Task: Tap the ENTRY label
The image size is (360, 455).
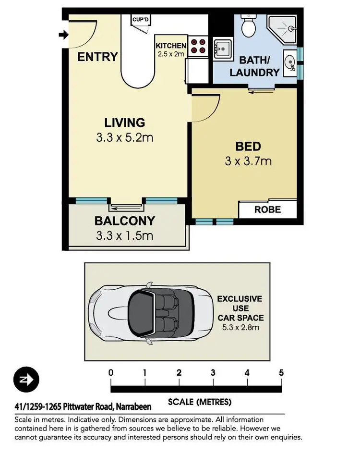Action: (x=97, y=57)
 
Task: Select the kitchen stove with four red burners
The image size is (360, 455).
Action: (x=198, y=45)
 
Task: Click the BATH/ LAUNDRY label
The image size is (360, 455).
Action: (x=254, y=67)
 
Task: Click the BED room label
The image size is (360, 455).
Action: (x=248, y=147)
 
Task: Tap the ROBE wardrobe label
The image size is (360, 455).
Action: (x=267, y=210)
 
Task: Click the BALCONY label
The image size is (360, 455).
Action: (x=124, y=221)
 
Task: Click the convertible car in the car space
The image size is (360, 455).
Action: (x=147, y=313)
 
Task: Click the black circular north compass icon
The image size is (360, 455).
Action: (x=27, y=379)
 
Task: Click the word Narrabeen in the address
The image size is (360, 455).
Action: (x=133, y=407)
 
